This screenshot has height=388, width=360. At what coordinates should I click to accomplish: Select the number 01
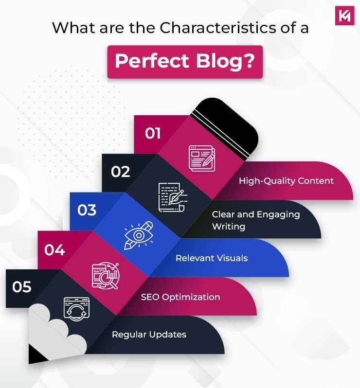coord(152,133)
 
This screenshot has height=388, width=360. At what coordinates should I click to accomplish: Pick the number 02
coord(120,172)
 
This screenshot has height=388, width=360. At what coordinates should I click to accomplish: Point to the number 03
coord(87,211)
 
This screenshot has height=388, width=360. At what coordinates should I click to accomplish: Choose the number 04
coord(54,250)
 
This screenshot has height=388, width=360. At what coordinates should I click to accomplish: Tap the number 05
coord(22,287)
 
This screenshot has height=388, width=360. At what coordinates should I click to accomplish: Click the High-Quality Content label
coord(286,181)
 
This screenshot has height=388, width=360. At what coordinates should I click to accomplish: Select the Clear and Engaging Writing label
coord(255,220)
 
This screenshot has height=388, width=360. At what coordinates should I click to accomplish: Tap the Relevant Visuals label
coord(212,258)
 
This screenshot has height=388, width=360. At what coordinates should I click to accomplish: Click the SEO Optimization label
coord(180,297)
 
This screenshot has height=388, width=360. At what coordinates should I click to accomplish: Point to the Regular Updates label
coord(149,335)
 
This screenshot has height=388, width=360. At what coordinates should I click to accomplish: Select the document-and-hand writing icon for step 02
coord(171,196)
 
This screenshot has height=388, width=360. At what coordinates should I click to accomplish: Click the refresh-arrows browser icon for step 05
coord(77,311)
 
